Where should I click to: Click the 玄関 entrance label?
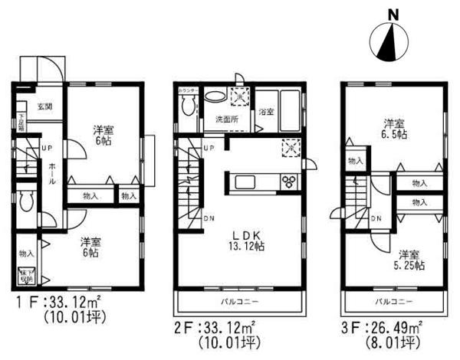pyautogui.click(x=44, y=106)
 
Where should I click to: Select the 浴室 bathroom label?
pyautogui.click(x=266, y=112)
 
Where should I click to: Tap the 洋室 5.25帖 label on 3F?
pyautogui.click(x=411, y=260)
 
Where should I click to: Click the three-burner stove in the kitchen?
pyautogui.click(x=291, y=182)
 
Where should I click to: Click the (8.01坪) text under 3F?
pyautogui.click(x=391, y=342)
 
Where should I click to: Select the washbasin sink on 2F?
pyautogui.click(x=215, y=97)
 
